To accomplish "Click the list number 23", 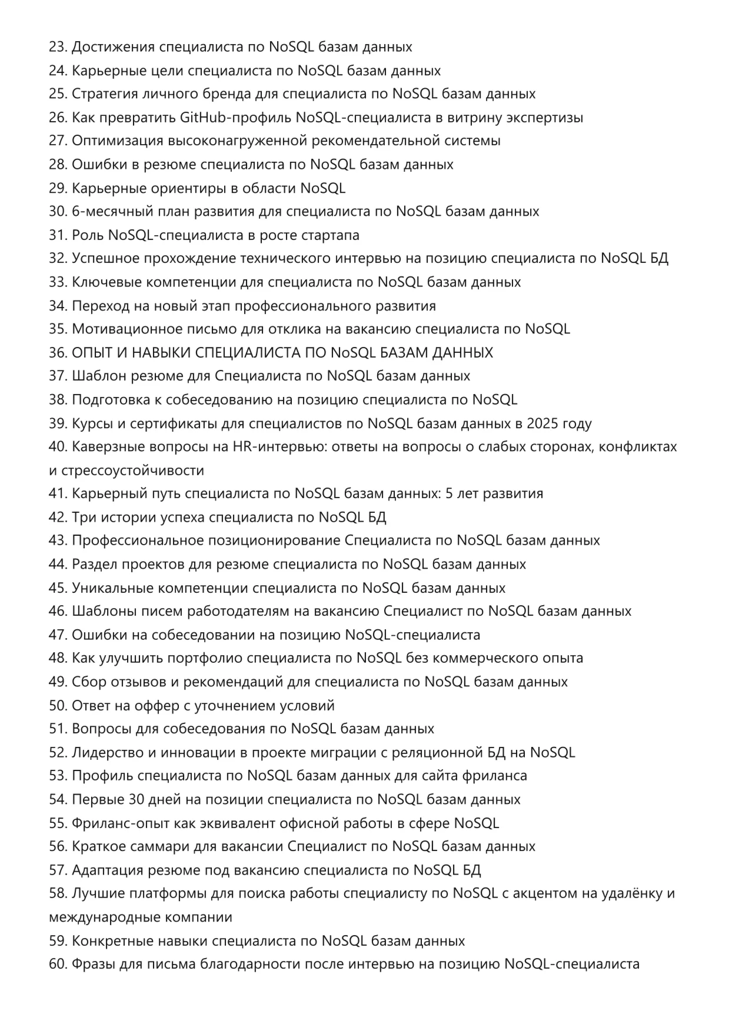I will click(58, 47).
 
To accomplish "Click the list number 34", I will click(58, 306).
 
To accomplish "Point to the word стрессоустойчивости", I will click(133, 471).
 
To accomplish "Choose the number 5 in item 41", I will click(449, 493).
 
